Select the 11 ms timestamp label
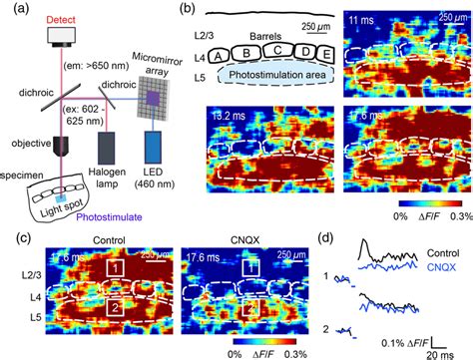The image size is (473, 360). click(x=361, y=20)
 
